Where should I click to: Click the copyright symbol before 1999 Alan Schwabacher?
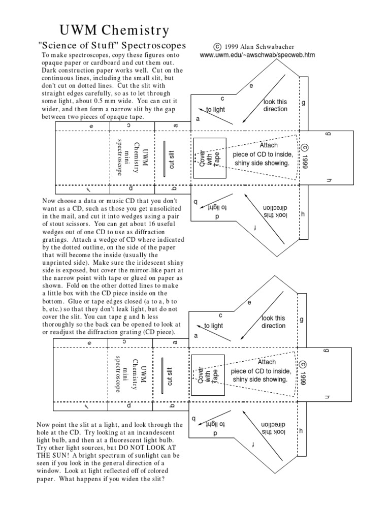click(x=217, y=46)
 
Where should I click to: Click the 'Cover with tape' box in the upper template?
click(x=209, y=157)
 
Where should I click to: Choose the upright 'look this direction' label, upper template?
click(x=276, y=105)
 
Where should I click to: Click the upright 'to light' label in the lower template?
click(x=213, y=326)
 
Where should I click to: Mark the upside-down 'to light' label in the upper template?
click(x=216, y=207)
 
